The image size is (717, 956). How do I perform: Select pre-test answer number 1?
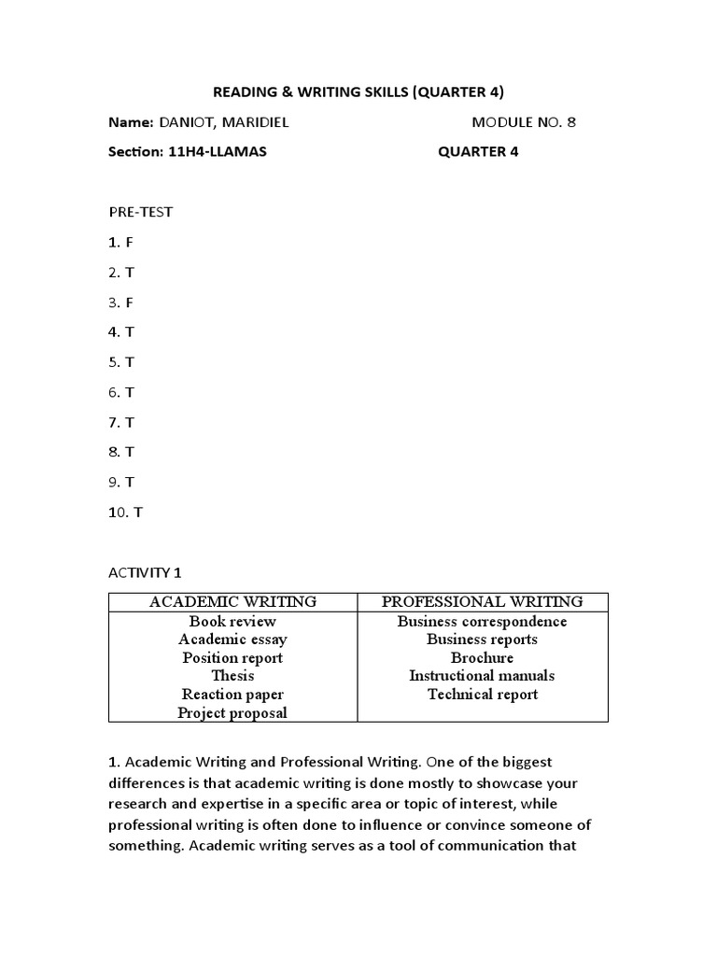tap(121, 242)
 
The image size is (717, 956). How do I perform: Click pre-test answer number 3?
tap(121, 302)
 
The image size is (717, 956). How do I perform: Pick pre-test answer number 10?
tap(126, 513)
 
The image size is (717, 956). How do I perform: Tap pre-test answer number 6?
tap(121, 392)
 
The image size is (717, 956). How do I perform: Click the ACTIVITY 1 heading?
tap(147, 572)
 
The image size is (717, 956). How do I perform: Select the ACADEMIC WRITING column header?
tap(232, 602)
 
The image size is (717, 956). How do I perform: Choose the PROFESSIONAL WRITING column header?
tap(483, 602)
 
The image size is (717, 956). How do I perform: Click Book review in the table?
tap(232, 622)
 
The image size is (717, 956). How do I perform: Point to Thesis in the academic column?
tap(232, 676)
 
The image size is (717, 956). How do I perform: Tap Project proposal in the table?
tap(232, 713)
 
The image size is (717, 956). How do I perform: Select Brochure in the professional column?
tap(483, 658)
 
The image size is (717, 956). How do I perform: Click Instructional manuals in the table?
tap(483, 676)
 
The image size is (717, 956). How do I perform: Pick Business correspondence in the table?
tap(483, 622)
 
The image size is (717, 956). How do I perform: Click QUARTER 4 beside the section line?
tap(478, 152)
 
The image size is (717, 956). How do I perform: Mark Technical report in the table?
tap(483, 695)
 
